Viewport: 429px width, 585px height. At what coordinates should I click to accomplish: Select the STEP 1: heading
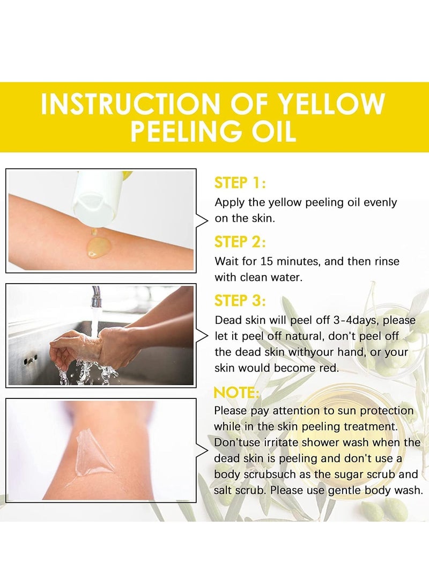coord(240,183)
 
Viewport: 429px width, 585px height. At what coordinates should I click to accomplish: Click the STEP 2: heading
coord(240,242)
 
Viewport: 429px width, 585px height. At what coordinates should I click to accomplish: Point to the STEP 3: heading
coord(240,300)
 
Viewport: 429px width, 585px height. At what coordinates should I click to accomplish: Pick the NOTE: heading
coord(236,393)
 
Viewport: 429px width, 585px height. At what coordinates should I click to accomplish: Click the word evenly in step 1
coord(380,203)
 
